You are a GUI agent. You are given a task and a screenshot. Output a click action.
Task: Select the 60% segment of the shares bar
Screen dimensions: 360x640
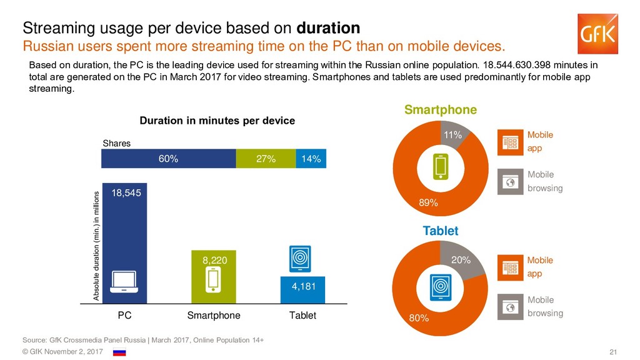coord(168,159)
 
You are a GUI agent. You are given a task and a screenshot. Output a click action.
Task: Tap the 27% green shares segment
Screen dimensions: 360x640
coord(266,159)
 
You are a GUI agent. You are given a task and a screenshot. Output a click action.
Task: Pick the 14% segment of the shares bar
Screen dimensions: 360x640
coord(311,159)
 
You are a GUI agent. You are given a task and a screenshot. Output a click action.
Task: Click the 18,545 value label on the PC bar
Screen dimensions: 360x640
coord(126,193)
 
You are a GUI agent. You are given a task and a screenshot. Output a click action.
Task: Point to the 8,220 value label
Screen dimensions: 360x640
coord(214,260)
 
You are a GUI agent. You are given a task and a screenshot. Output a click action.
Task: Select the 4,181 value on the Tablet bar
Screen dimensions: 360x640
coord(303,286)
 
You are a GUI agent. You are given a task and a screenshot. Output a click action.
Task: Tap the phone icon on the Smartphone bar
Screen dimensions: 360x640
coord(214,279)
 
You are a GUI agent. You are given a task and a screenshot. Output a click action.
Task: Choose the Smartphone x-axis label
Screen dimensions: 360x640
coord(214,316)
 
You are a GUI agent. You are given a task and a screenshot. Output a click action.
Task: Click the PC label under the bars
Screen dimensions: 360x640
coord(124,316)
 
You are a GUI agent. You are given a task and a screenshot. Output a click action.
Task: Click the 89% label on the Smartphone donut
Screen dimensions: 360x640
coord(428,203)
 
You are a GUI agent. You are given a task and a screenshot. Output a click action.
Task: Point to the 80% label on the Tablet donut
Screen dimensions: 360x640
coord(419,318)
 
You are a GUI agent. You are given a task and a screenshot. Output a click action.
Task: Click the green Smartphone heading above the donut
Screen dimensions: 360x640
coord(440,110)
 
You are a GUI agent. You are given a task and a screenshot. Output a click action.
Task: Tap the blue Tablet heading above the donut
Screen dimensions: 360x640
coord(440,231)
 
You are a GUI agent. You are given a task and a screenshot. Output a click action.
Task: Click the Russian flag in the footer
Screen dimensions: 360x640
coord(119,352)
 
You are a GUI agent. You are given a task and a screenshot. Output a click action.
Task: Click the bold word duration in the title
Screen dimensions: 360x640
coord(328,28)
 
